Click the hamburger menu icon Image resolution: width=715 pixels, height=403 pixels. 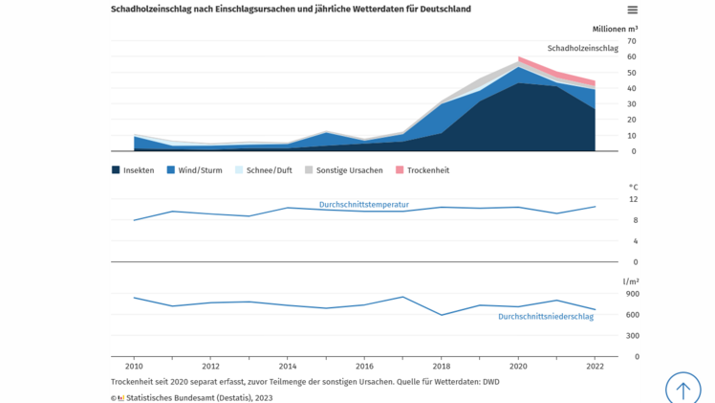632,10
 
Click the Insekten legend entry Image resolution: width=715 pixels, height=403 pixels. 133,170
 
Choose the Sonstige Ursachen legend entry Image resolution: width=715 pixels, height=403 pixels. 343,170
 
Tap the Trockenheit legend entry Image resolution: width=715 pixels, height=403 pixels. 422,170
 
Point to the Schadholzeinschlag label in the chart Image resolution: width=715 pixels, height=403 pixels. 582,48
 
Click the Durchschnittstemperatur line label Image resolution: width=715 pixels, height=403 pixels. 363,205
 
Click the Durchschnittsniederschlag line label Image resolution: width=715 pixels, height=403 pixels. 545,317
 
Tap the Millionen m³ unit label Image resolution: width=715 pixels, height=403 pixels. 615,29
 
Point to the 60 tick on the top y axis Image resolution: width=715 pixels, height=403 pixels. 632,56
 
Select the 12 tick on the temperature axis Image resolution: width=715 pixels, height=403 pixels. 632,199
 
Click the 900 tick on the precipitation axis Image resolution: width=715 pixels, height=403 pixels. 632,294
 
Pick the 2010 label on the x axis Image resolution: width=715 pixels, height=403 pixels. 134,367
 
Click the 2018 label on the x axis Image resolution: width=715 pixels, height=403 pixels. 441,367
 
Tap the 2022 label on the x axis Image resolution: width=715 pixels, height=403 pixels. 595,367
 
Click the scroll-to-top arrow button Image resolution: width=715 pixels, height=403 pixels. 682,390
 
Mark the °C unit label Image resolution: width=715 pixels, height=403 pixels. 633,188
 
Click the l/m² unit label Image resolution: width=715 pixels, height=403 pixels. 631,281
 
